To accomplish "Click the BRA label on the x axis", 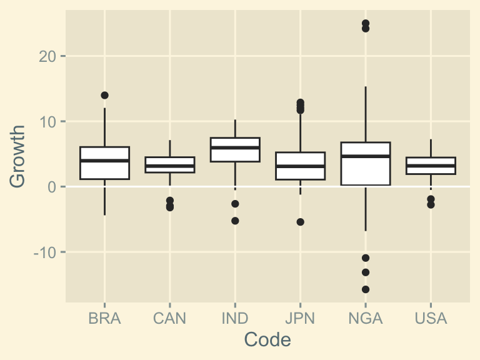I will click(104, 319).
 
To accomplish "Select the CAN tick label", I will click(169, 319).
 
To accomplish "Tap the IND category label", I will click(235, 319).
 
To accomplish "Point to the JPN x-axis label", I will click(300, 319).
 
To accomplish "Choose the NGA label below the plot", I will click(366, 319).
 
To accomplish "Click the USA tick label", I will click(431, 319).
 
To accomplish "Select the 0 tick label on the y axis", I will click(52, 187).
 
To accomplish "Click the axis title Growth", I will click(18, 156).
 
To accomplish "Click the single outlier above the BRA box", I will click(104, 96).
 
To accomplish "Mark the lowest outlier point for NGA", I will click(366, 289).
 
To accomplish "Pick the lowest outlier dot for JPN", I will click(300, 222).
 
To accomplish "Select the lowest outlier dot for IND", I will click(235, 221).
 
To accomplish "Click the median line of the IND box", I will click(235, 147).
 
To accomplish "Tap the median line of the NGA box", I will click(366, 156).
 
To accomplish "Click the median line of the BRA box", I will click(104, 161).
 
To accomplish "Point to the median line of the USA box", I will click(431, 166).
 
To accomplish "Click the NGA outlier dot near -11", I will click(366, 258).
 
